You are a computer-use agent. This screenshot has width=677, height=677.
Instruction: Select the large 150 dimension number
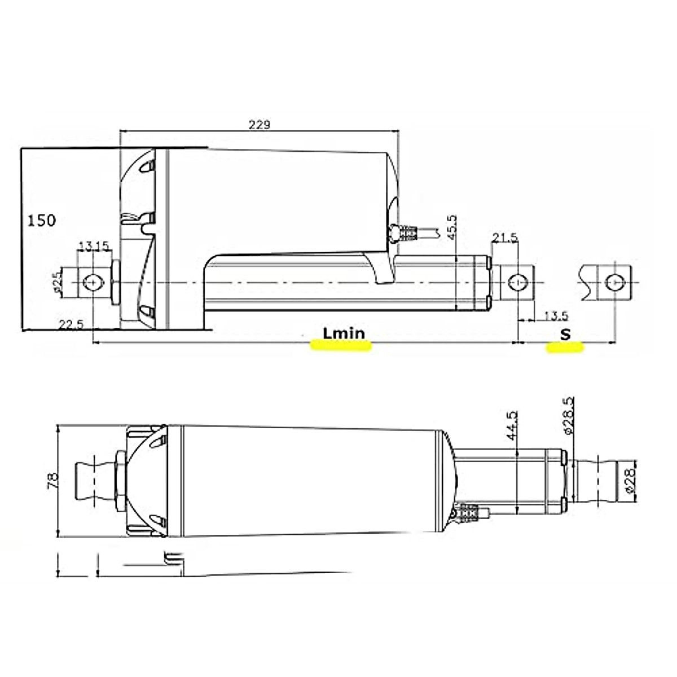click(42, 220)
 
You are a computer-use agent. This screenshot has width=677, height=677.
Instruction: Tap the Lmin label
click(344, 333)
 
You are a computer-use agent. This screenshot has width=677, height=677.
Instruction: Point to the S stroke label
click(565, 334)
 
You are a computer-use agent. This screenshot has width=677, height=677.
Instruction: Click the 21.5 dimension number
click(504, 239)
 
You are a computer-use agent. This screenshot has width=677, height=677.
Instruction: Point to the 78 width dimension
click(51, 481)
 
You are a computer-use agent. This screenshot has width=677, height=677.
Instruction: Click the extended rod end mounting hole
click(612, 282)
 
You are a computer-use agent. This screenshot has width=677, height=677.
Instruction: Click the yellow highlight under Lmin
click(341, 346)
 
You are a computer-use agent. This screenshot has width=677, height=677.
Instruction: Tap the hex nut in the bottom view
click(121, 481)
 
